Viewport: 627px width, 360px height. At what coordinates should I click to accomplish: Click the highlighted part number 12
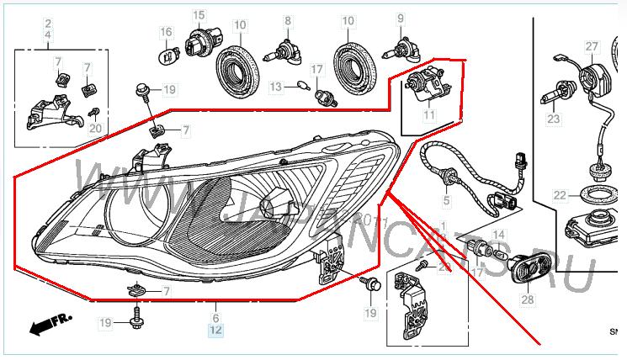[x=215, y=331]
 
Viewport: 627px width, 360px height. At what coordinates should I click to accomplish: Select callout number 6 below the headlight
[x=215, y=319]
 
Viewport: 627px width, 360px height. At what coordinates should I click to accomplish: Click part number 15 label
[x=199, y=15]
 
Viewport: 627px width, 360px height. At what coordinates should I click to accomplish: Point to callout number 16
[x=167, y=33]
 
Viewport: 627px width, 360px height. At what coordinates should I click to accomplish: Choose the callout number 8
[x=287, y=19]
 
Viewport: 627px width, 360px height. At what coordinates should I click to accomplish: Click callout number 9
[x=401, y=18]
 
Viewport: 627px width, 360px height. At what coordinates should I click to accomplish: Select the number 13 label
[x=275, y=87]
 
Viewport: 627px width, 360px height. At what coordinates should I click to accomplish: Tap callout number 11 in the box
[x=428, y=114]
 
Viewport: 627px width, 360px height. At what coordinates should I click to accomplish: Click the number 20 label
[x=95, y=129]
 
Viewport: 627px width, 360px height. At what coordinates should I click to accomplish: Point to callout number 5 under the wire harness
[x=447, y=202]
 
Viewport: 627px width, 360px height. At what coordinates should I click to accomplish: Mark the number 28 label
[x=528, y=299]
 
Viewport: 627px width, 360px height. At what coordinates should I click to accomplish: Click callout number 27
[x=592, y=45]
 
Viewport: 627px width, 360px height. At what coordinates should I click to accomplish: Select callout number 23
[x=553, y=119]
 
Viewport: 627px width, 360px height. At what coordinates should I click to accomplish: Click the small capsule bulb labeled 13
[x=301, y=84]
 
